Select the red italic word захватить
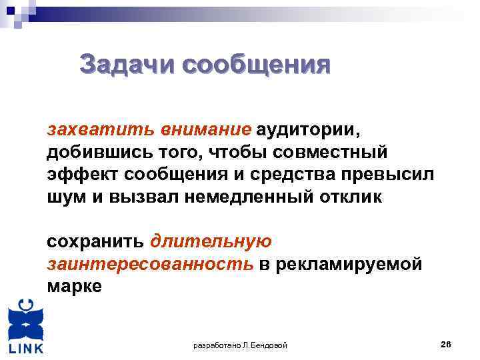point(88,128)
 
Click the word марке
point(74,287)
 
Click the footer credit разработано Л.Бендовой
point(240,345)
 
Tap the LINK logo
point(25,326)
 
